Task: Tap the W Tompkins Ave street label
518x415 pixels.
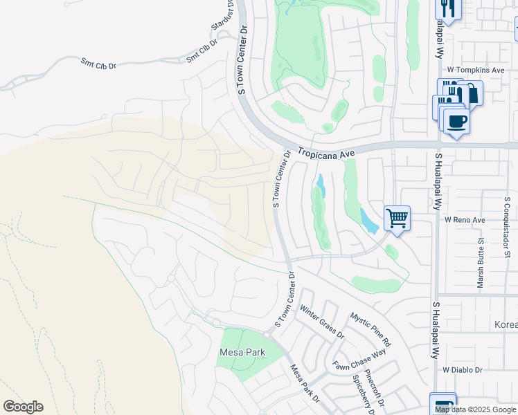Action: (475, 71)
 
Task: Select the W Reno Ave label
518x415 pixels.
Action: (465, 219)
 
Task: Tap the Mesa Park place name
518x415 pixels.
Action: (242, 352)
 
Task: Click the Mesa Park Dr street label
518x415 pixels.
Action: (305, 384)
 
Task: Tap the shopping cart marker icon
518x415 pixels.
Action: (397, 219)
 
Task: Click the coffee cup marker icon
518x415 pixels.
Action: (456, 122)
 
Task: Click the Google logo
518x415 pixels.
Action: (23, 407)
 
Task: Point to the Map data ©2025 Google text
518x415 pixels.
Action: (475, 409)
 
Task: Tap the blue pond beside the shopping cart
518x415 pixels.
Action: (368, 222)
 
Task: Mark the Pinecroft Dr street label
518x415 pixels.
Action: (392, 389)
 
